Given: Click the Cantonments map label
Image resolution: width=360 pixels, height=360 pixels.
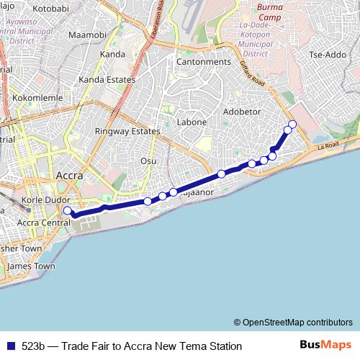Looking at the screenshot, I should tap(204, 62).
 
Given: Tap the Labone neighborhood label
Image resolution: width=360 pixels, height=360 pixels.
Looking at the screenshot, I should tap(192, 122).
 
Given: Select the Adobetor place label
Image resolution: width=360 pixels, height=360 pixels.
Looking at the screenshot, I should tap(242, 112).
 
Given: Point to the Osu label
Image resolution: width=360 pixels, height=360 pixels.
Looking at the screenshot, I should tap(148, 161).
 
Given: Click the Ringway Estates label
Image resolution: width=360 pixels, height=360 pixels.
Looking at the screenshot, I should tap(127, 132).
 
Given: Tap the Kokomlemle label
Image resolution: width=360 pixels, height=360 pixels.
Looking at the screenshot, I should tap(35, 96).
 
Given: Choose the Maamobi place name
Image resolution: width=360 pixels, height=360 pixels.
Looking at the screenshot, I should tap(86, 35).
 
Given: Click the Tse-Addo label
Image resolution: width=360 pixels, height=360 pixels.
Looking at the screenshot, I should tap(327, 55).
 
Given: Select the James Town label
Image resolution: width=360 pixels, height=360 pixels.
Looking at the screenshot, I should tap(31, 266).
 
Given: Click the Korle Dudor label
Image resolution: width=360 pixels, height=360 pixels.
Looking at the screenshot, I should tap(45, 199).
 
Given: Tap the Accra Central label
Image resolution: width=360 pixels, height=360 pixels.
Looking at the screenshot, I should tap(42, 222).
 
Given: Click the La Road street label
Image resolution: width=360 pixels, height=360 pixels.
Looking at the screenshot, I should tap(327, 147).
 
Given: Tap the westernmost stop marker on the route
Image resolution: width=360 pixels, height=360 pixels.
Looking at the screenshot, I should tap(68, 210).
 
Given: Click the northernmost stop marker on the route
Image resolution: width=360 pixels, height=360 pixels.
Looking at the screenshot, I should tap(292, 123).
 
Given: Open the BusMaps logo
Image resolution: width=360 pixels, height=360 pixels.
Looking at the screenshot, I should tap(325, 345).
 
